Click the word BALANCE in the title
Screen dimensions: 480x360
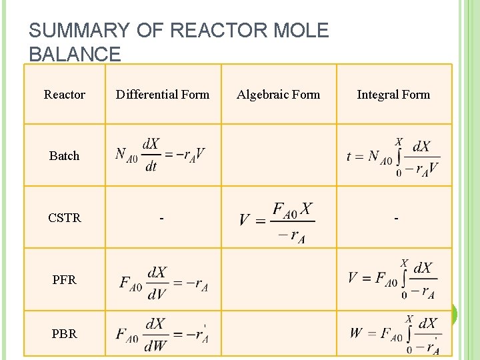coord(75,54)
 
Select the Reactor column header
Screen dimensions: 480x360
coord(65,95)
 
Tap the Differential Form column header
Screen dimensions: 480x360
coord(163,95)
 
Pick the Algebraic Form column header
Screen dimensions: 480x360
coord(279,95)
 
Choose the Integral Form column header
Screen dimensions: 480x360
coord(393,95)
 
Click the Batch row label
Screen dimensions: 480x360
coord(65,155)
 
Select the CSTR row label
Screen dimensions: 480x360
coord(65,217)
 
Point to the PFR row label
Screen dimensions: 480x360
coord(65,280)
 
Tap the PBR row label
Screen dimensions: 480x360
coord(65,333)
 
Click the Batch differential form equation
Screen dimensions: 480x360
coord(160,155)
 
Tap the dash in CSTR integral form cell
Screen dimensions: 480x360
coord(396,219)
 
